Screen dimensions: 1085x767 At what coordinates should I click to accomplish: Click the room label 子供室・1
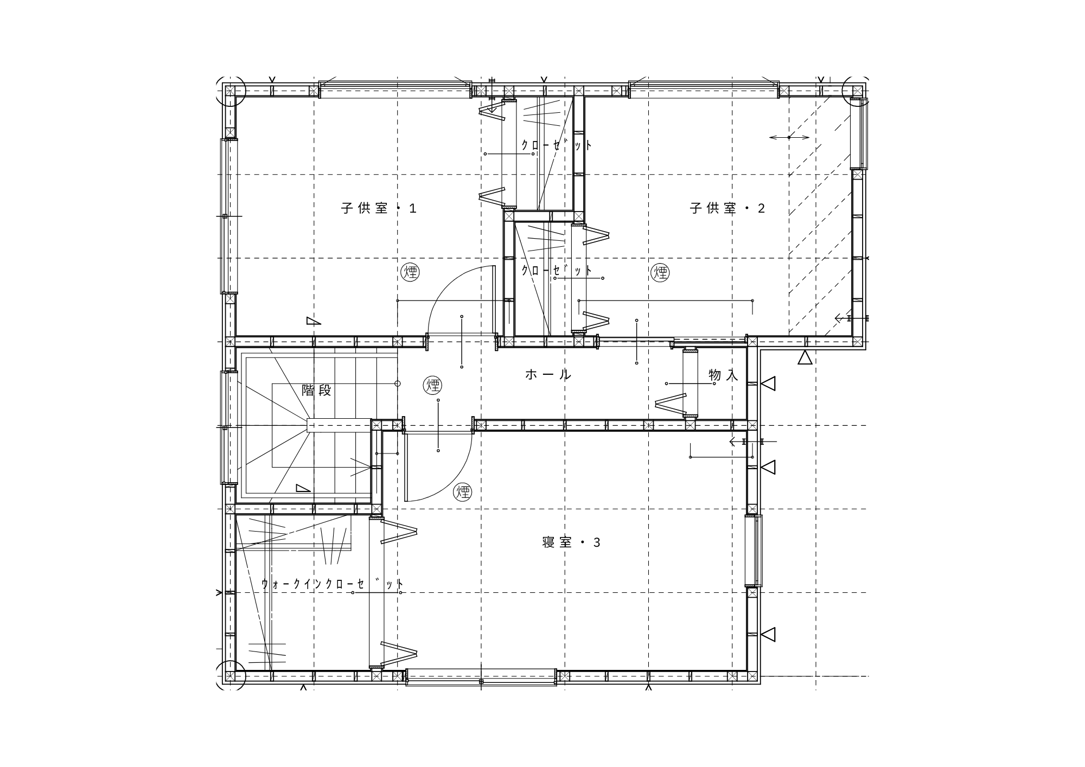[379, 208]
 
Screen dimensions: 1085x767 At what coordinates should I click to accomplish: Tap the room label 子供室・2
[727, 208]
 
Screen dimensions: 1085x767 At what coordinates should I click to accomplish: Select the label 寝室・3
[571, 542]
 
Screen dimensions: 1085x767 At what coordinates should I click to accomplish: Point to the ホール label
[548, 374]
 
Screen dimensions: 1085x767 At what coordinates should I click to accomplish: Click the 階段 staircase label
[316, 391]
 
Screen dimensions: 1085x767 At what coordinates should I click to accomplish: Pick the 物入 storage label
[723, 375]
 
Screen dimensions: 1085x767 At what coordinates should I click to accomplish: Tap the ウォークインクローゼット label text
[333, 584]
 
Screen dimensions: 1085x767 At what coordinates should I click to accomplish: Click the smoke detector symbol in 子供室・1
[410, 272]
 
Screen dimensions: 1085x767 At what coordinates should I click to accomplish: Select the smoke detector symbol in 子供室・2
[660, 272]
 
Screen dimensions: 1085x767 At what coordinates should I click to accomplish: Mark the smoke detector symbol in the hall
[432, 385]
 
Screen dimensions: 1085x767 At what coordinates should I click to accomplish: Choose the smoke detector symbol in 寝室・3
[463, 492]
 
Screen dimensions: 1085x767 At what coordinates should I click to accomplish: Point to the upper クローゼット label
[557, 145]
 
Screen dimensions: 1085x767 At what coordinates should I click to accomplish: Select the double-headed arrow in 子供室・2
[789, 137]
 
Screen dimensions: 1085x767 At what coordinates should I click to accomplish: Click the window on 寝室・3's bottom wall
[481, 677]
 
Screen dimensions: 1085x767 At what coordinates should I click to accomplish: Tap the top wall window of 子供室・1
[395, 90]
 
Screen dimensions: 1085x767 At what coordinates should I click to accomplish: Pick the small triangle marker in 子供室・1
[313, 321]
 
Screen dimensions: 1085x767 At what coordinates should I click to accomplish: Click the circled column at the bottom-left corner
[231, 676]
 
